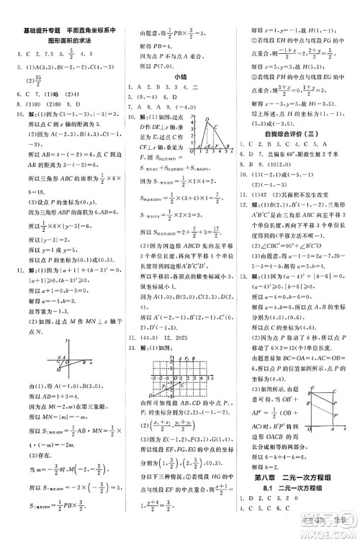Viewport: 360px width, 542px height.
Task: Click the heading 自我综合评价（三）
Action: [292, 133]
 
